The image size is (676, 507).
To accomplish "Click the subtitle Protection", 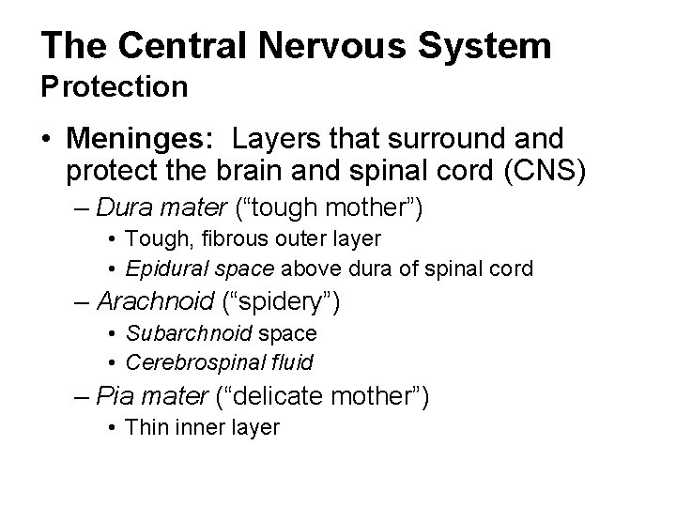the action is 114,86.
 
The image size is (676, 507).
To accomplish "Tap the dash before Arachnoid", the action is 82,303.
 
